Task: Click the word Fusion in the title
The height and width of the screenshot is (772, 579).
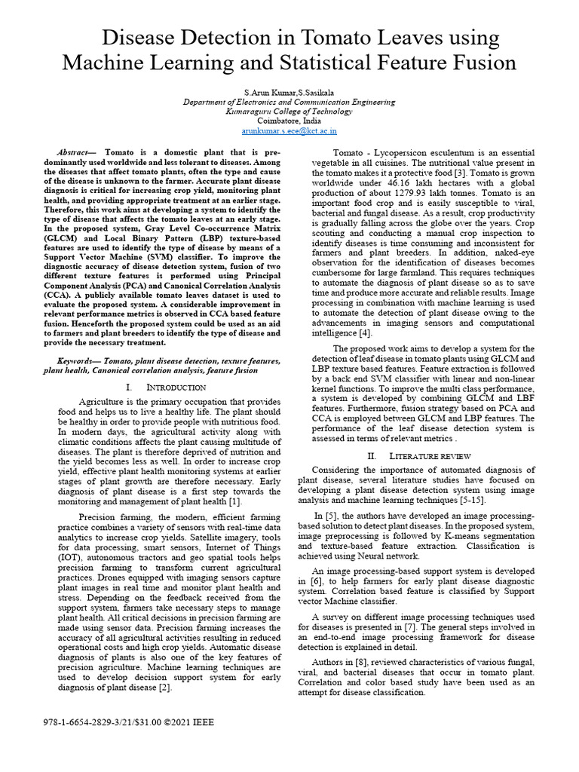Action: (477, 63)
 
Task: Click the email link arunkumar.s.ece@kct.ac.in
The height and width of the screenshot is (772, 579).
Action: (289, 130)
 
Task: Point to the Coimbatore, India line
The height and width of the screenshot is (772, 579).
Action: (289, 121)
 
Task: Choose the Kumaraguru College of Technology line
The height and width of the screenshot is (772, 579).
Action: (289, 111)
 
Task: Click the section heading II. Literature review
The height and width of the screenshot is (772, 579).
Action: (419, 456)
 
